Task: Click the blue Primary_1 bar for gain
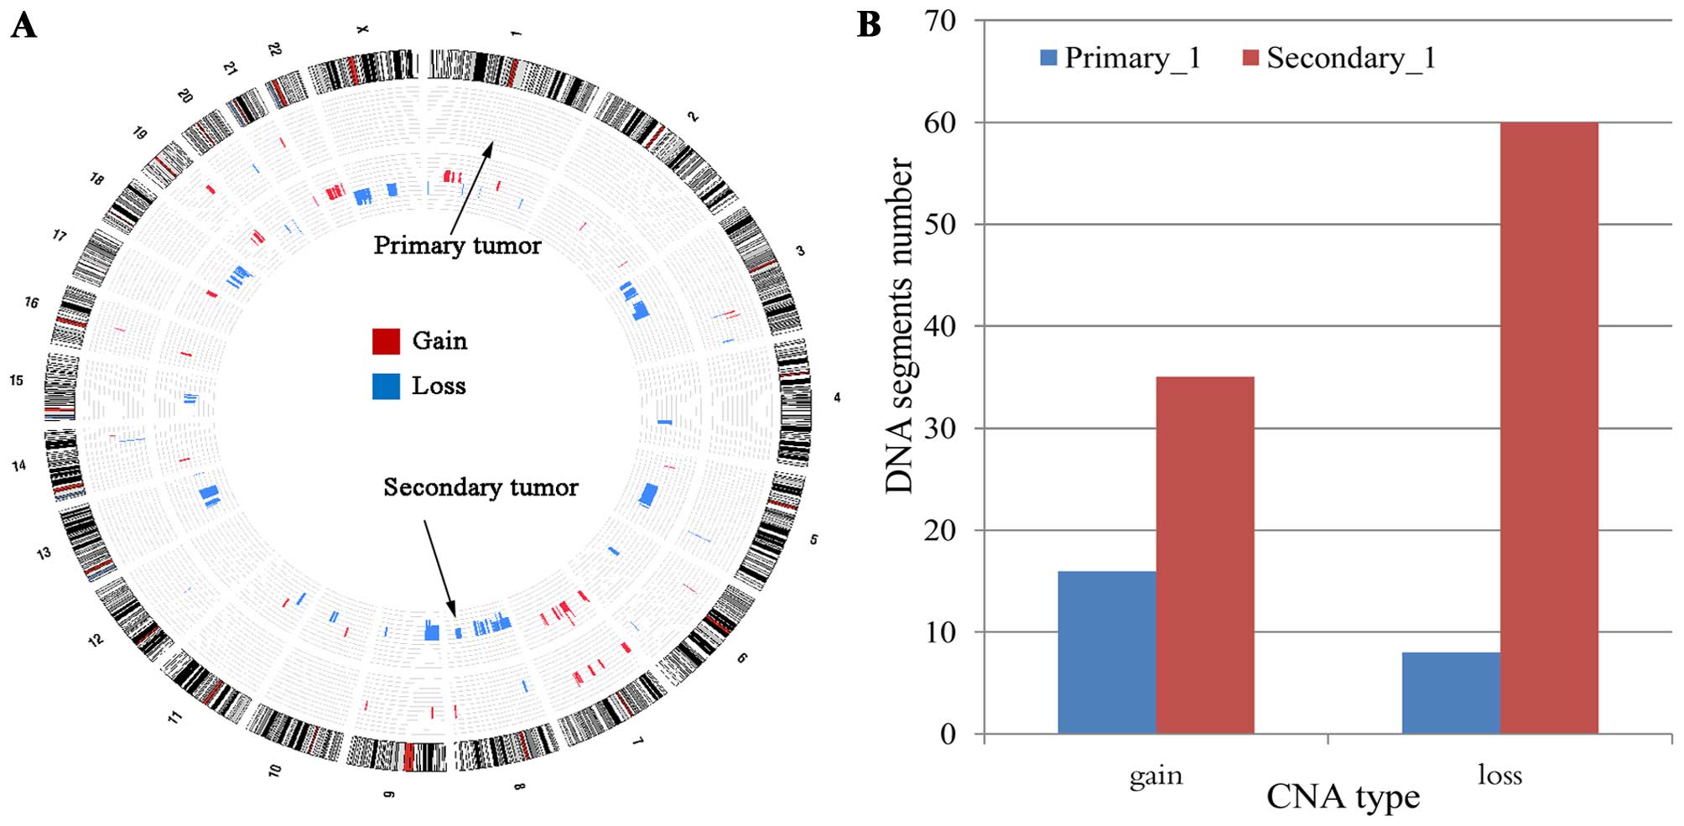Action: coord(1106,652)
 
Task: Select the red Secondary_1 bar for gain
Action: coord(1205,555)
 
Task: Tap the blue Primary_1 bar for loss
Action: coord(1451,693)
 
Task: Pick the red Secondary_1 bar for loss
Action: coord(1549,428)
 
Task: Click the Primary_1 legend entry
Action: coord(1120,58)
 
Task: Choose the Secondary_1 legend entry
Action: coord(1339,58)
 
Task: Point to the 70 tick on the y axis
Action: coord(940,21)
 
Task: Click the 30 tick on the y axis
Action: coord(940,429)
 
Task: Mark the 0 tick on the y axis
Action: coord(948,735)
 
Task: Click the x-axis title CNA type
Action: coord(1343,797)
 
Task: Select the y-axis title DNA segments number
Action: coord(899,325)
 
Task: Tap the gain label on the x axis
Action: coord(1156,776)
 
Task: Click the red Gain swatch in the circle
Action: coord(386,341)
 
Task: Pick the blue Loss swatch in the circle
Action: coord(386,386)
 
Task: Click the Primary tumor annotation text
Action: coord(457,245)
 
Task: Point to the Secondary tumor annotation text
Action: coord(481,487)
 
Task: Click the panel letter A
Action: coord(23,25)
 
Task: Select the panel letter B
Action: coord(869,25)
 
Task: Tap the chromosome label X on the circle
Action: coord(362,30)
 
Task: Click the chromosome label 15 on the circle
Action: coord(17,381)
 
